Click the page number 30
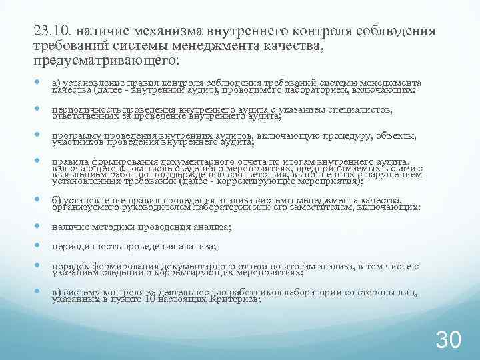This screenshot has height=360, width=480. tap(448, 340)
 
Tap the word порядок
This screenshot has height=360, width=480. tap(71, 265)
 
